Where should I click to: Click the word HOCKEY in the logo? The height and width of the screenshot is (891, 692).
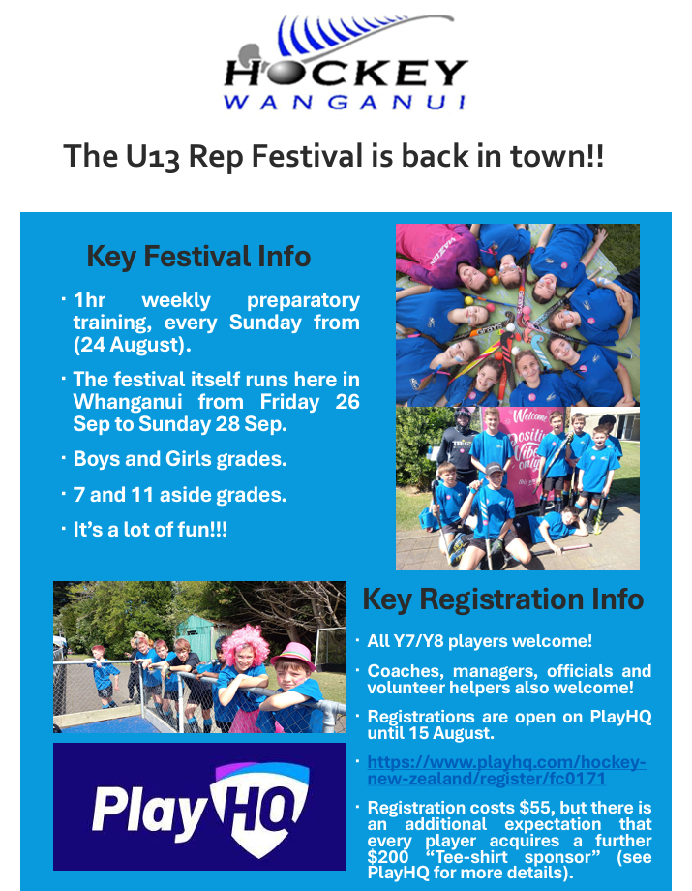pos(346,73)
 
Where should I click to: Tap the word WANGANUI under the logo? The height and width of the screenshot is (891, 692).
pos(345,103)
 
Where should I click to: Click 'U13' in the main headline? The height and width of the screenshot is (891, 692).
pos(153,156)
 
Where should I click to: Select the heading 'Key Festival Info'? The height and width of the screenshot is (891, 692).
pos(198,257)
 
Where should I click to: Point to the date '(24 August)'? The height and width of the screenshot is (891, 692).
pos(133,345)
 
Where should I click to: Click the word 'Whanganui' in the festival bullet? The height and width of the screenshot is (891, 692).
pos(128,402)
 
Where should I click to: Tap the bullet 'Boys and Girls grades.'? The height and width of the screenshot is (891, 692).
pos(180,459)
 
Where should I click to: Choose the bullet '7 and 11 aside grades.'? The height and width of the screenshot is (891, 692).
pos(180,495)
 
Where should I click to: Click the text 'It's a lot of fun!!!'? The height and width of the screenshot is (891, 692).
pos(150,530)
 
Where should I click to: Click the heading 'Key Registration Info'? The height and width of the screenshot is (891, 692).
pos(503,599)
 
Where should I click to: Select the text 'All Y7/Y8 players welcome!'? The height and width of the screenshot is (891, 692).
pos(480,641)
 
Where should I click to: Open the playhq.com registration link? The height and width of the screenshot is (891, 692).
pos(506,770)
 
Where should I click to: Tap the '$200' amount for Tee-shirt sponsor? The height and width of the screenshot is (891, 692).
pos(388,857)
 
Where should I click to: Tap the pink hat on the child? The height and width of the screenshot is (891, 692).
pos(293,656)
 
